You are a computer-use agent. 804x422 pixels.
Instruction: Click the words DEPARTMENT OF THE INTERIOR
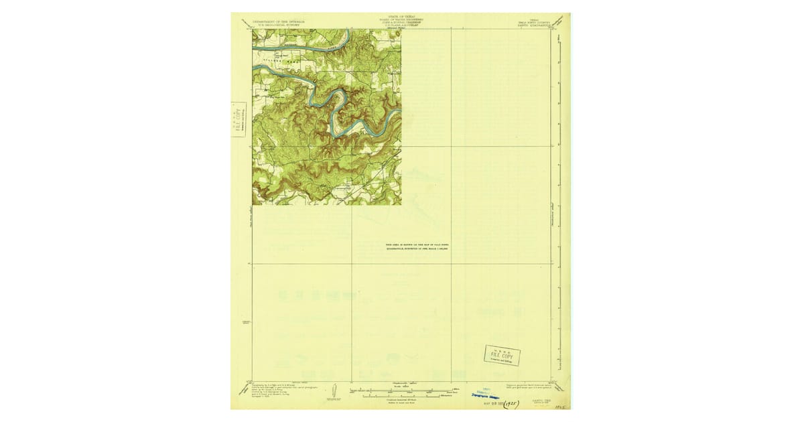tap(277, 21)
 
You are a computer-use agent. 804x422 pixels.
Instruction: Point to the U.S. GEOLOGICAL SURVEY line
tap(277, 25)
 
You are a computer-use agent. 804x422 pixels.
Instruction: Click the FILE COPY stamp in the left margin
tap(238, 120)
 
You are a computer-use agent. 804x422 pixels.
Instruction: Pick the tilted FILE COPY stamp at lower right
tap(502, 355)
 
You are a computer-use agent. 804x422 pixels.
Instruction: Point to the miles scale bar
tap(401, 389)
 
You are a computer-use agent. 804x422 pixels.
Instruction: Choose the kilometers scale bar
tap(401, 396)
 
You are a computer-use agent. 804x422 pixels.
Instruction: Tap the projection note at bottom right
tap(529, 389)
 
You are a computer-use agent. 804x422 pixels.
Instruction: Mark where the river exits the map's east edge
tap(400, 110)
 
